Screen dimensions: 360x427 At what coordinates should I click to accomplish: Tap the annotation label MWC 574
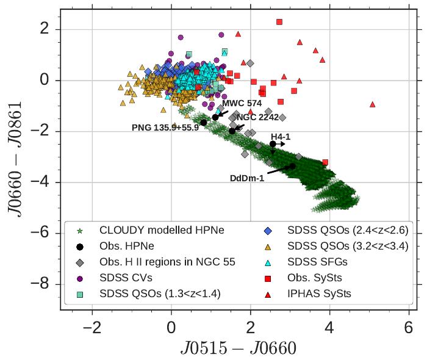pyautogui.click(x=242, y=103)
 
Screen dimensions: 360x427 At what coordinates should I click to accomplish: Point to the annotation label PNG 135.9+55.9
pyautogui.click(x=165, y=128)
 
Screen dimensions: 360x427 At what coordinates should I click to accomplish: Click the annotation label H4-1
pyautogui.click(x=281, y=137)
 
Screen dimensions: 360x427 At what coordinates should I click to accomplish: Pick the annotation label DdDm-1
pyautogui.click(x=248, y=178)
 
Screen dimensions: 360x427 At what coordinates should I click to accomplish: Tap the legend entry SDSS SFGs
pyautogui.click(x=316, y=262)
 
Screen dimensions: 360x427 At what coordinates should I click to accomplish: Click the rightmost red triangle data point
pyautogui.click(x=372, y=104)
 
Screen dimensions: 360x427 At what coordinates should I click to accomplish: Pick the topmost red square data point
pyautogui.click(x=279, y=22)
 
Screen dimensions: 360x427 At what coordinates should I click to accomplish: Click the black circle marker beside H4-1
pyautogui.click(x=273, y=144)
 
